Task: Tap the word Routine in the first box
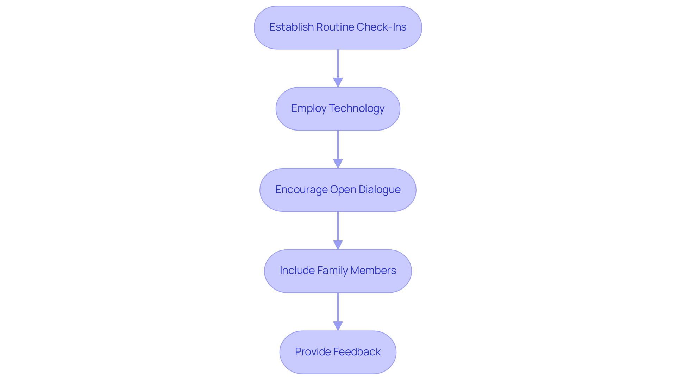[335, 27]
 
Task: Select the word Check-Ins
[381, 27]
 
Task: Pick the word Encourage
[301, 190]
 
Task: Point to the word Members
[373, 271]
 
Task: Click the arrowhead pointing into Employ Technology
[338, 83]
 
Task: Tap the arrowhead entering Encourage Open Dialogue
[338, 164]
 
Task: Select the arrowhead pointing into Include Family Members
[338, 245]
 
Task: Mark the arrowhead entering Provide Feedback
[338, 326]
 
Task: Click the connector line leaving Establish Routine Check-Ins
[338, 63]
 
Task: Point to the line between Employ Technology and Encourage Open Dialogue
[338, 145]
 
